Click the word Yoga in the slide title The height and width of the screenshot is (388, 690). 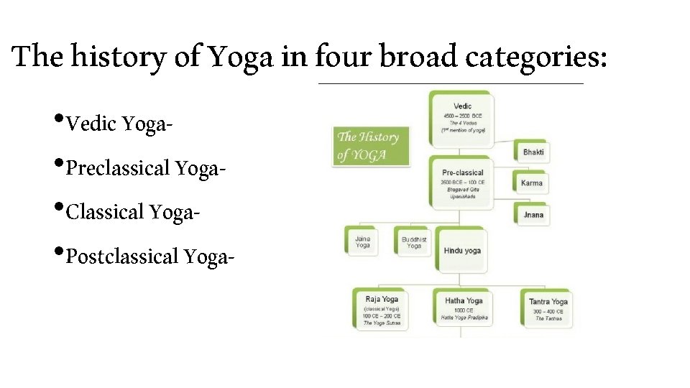tap(241, 56)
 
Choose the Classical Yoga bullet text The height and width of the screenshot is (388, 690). tap(132, 212)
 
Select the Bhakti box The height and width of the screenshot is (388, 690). tap(533, 152)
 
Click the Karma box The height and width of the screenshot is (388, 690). tap(532, 183)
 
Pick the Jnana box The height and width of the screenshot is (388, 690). tap(533, 214)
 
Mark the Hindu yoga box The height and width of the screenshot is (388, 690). tap(462, 251)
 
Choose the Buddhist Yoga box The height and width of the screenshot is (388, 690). tap(414, 242)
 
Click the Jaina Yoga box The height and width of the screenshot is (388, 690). tap(363, 241)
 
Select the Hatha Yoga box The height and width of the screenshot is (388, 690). tap(464, 308)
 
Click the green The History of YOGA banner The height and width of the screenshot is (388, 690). tap(369, 145)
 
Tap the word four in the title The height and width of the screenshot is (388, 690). tap(341, 56)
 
